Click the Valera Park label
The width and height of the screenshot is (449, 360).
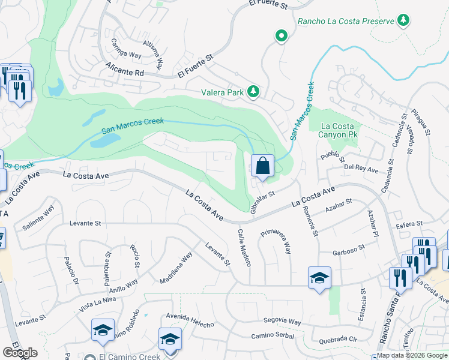click(x=224, y=92)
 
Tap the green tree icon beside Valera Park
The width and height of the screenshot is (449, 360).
click(x=255, y=91)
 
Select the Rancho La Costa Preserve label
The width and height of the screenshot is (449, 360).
click(x=346, y=21)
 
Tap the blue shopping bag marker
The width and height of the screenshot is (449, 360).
click(x=263, y=165)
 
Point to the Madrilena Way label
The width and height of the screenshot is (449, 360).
click(x=176, y=268)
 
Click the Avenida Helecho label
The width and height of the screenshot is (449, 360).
click(x=190, y=321)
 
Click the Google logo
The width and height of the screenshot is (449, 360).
click(x=20, y=353)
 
